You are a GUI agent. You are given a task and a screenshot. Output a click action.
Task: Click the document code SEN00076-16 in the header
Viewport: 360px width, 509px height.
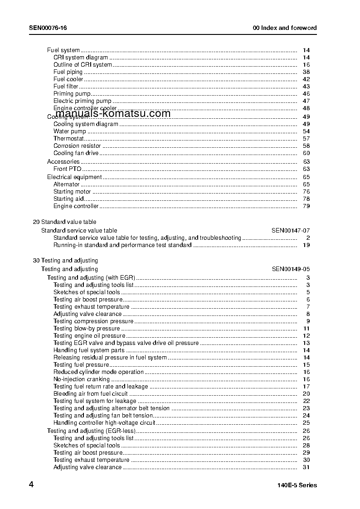coord(48,28)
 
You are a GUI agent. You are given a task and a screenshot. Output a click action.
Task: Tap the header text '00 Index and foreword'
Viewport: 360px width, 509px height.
coord(285,28)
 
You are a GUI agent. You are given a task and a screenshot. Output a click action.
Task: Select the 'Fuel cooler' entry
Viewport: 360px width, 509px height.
coord(68,79)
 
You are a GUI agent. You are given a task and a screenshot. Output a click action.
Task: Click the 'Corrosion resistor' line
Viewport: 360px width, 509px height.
coord(77,146)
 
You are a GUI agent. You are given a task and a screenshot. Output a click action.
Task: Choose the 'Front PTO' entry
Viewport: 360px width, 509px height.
coord(68,169)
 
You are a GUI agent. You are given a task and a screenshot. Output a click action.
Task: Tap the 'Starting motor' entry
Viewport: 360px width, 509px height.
coord(72,192)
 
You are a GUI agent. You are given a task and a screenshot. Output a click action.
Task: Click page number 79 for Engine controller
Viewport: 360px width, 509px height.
coord(306,206)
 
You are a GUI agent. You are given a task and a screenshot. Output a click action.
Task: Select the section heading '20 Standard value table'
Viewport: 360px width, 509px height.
coord(64,222)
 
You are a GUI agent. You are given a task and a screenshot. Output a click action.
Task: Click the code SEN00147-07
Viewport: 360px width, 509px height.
coord(291,230)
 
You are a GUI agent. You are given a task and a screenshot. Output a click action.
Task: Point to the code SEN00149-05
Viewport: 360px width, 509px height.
coord(291,269)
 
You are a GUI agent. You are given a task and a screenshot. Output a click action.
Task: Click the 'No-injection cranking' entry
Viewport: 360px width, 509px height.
coord(82,379)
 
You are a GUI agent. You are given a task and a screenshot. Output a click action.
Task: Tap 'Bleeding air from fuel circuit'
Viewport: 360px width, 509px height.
coord(91,394)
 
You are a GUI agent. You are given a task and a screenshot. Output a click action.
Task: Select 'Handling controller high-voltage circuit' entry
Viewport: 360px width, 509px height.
coord(104,423)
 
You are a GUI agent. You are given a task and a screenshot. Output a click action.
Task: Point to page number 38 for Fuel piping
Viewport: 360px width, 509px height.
coord(306,72)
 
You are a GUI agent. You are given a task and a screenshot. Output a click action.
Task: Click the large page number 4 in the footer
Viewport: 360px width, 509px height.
coord(31,485)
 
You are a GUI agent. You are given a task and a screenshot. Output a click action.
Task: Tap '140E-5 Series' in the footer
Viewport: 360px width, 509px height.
coord(297,485)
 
